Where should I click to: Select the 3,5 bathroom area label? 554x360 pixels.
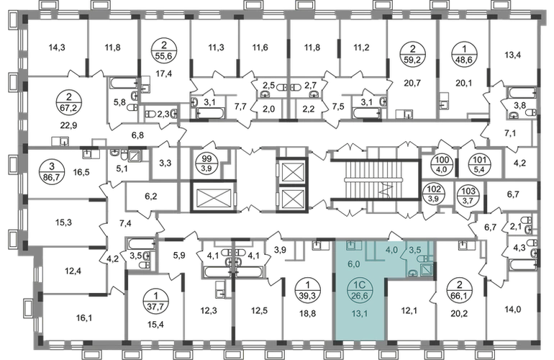click(x=416, y=251)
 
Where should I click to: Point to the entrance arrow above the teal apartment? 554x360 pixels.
click(x=394, y=234)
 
